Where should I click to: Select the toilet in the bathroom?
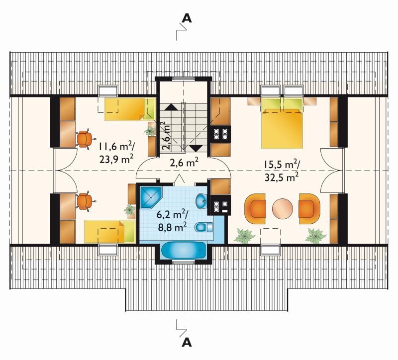[204, 227]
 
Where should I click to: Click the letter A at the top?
[187, 18]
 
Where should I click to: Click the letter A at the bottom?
[187, 342]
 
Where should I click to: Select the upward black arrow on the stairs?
[171, 107]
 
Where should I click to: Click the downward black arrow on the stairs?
[196, 148]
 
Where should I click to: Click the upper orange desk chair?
[85, 139]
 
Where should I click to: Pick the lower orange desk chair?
[85, 201]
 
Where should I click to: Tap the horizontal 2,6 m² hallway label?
[184, 163]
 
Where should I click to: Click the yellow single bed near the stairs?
[130, 109]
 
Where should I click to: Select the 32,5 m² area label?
[282, 177]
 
